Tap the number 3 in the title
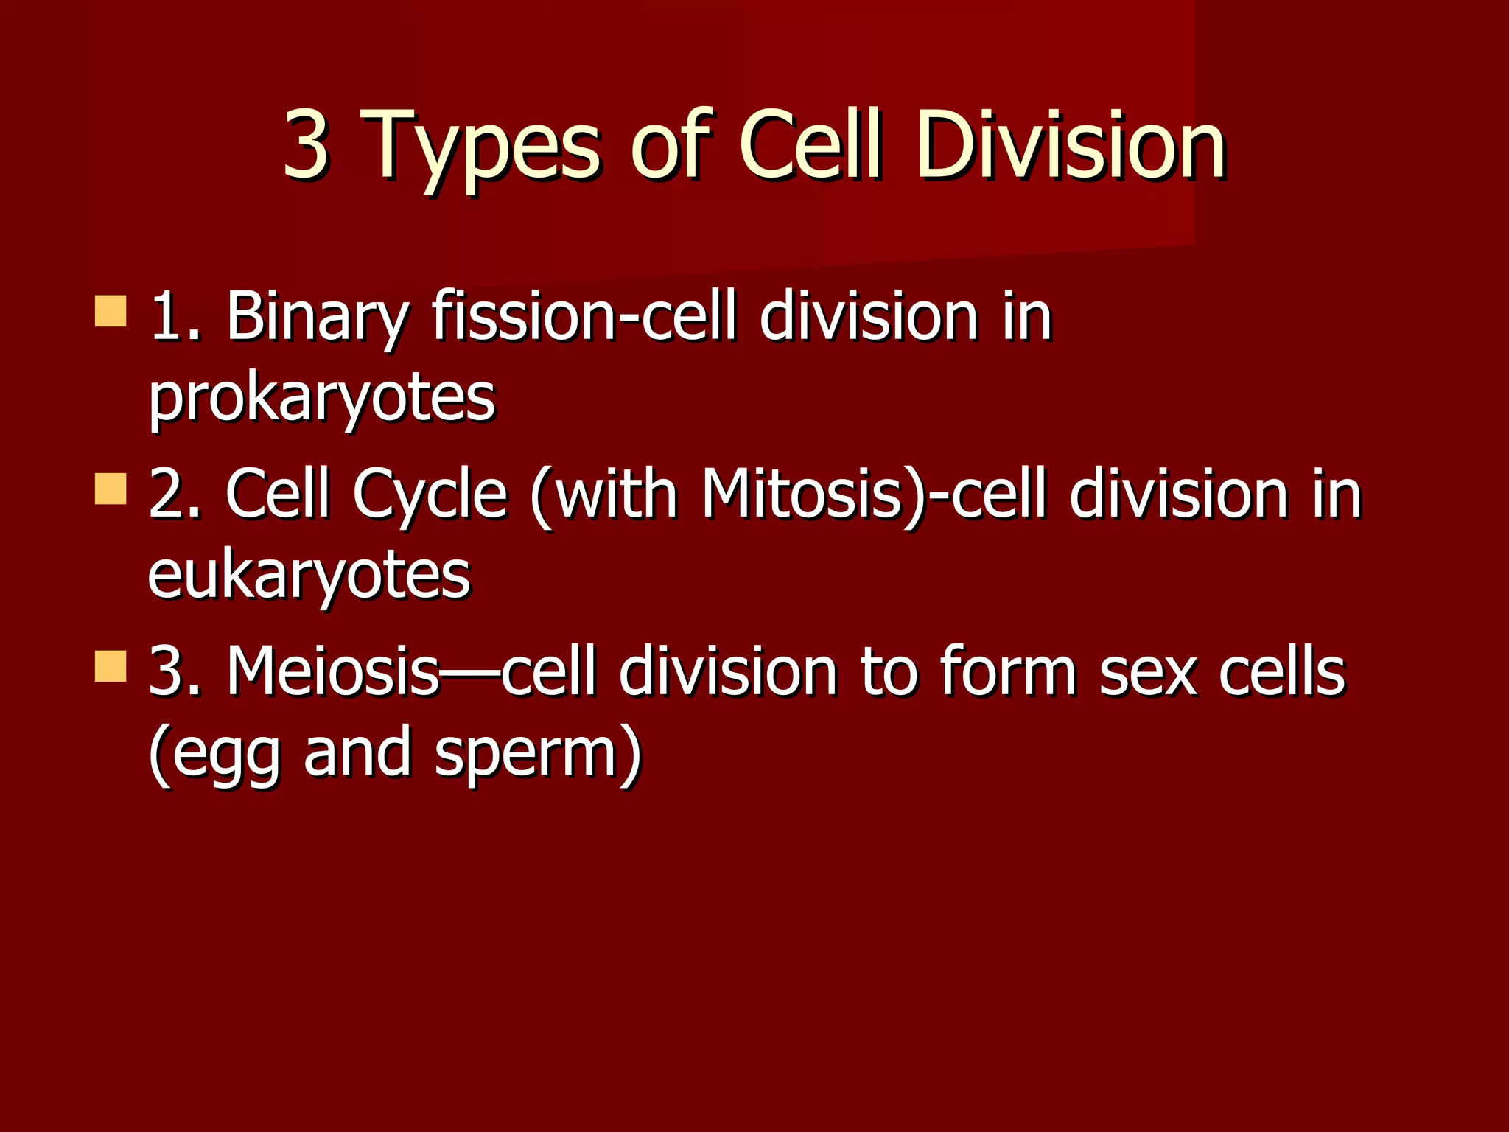[305, 144]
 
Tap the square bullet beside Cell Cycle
[111, 489]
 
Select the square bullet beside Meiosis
[111, 666]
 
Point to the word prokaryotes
[322, 399]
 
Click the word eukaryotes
[309, 576]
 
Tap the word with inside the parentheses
[616, 494]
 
